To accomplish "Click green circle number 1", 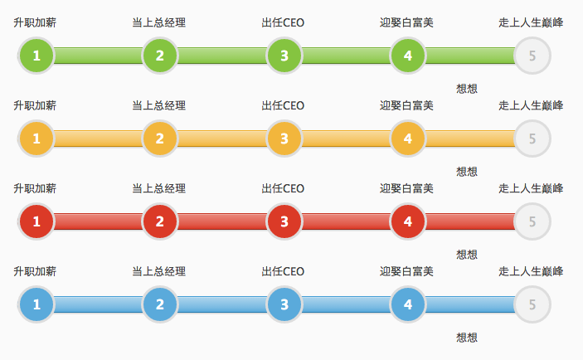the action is pyautogui.click(x=36, y=56).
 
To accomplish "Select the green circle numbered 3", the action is pyautogui.click(x=284, y=56).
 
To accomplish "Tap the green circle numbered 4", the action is pyautogui.click(x=407, y=56).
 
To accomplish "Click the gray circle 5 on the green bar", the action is pyautogui.click(x=532, y=56).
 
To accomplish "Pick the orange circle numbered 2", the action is pyautogui.click(x=159, y=139).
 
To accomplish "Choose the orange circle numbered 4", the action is pyautogui.click(x=407, y=139).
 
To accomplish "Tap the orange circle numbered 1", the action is pyautogui.click(x=36, y=139).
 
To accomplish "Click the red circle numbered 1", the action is pyautogui.click(x=36, y=221).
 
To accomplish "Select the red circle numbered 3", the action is pyautogui.click(x=284, y=221).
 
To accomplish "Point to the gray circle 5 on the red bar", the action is pyautogui.click(x=532, y=221).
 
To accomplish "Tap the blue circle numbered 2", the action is pyautogui.click(x=159, y=304).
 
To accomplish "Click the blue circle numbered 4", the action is pyautogui.click(x=407, y=304).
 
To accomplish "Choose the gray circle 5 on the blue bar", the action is pyautogui.click(x=532, y=304).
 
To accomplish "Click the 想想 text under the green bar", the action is pyautogui.click(x=467, y=89).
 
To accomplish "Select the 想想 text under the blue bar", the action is pyautogui.click(x=467, y=338).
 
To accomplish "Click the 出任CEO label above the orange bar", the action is pyautogui.click(x=283, y=105).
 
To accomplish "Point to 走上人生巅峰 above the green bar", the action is pyautogui.click(x=531, y=22).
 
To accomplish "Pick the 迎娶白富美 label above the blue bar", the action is pyautogui.click(x=406, y=271).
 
